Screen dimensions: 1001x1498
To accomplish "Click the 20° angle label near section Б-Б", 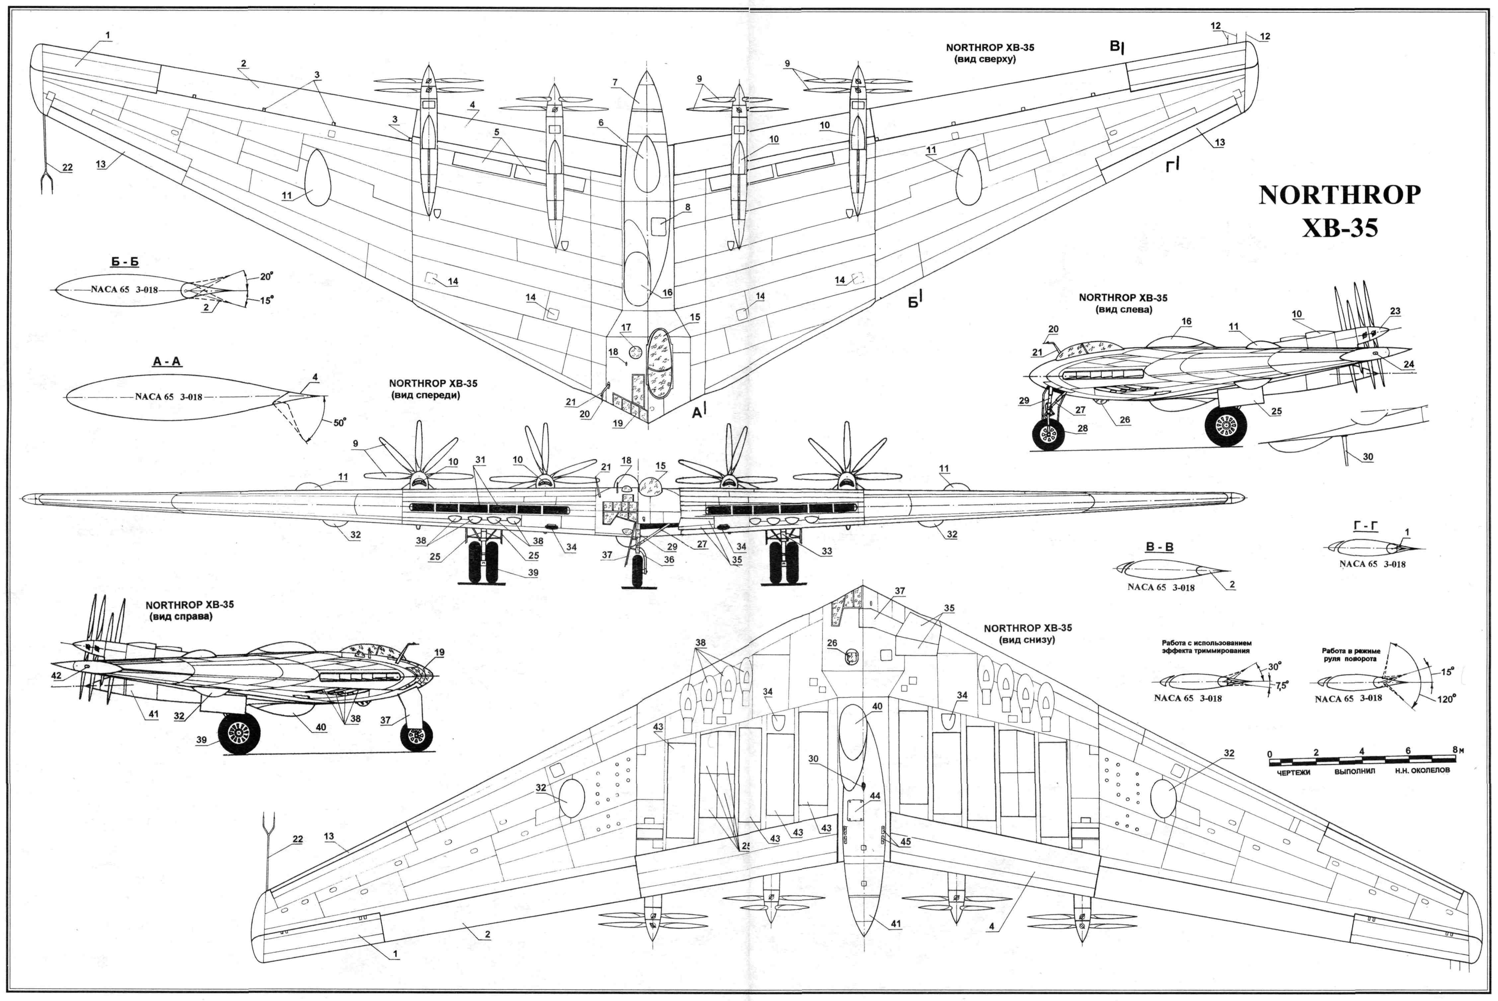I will tap(266, 277).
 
